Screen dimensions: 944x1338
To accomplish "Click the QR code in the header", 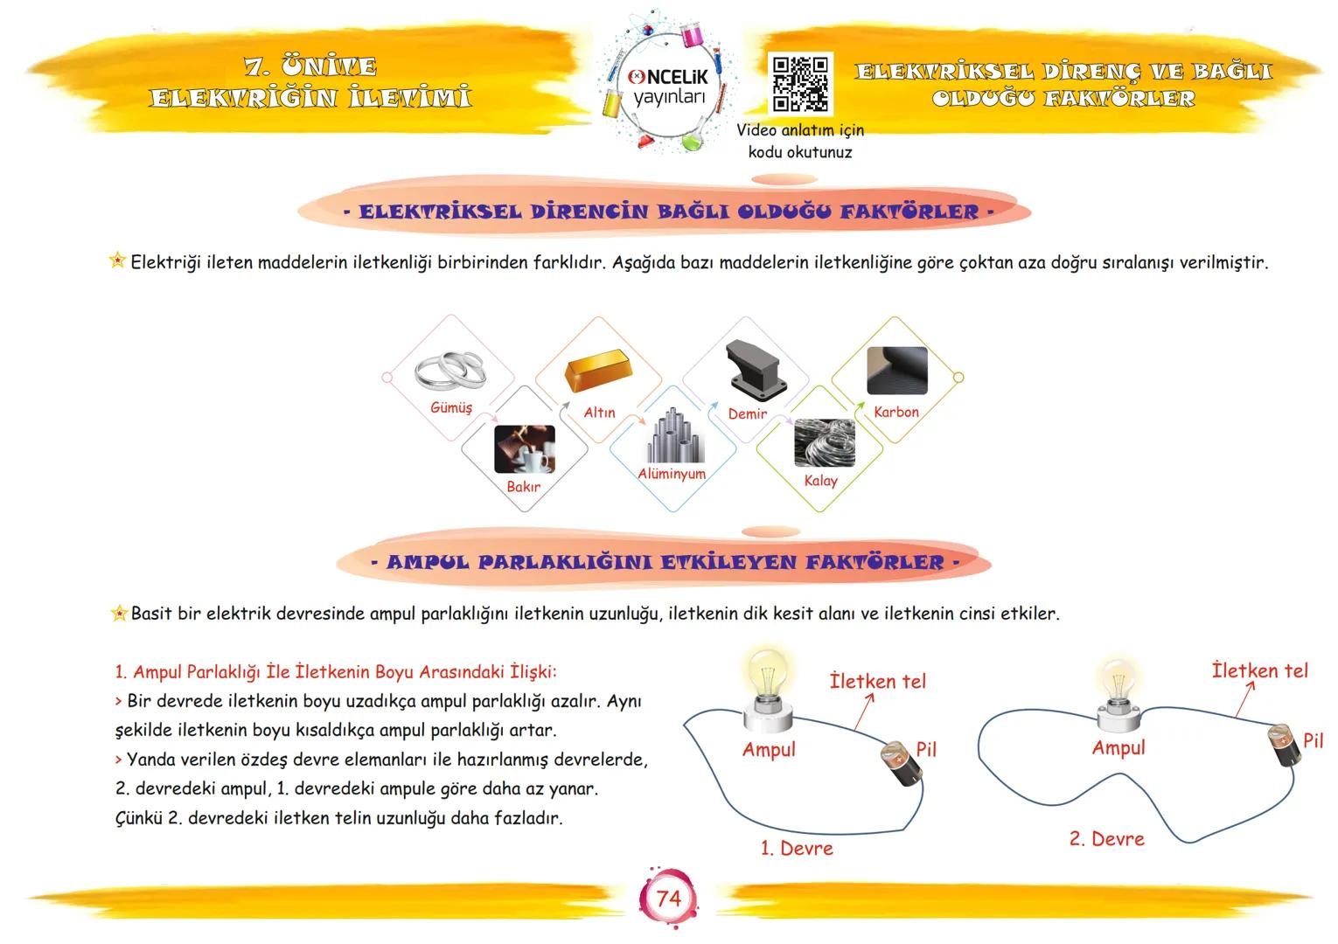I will [x=799, y=83].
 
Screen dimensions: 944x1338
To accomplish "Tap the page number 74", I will [x=668, y=898].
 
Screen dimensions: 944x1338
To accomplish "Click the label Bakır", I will [x=523, y=487].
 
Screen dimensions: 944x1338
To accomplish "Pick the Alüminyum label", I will [x=672, y=474].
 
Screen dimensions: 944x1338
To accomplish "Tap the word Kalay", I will [x=820, y=481].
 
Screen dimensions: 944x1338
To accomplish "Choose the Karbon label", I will [x=895, y=412].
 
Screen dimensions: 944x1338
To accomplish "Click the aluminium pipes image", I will [x=674, y=435].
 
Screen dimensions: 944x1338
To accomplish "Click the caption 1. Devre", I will [x=796, y=848].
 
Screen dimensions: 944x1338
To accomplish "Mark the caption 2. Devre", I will [x=1106, y=839].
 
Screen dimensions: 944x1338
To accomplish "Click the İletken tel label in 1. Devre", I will [x=877, y=681].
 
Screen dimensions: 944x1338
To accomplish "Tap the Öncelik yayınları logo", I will [x=669, y=86].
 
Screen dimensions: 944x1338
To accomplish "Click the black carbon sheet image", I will [x=896, y=371].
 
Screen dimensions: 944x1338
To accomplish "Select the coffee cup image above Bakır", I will [x=524, y=448].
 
